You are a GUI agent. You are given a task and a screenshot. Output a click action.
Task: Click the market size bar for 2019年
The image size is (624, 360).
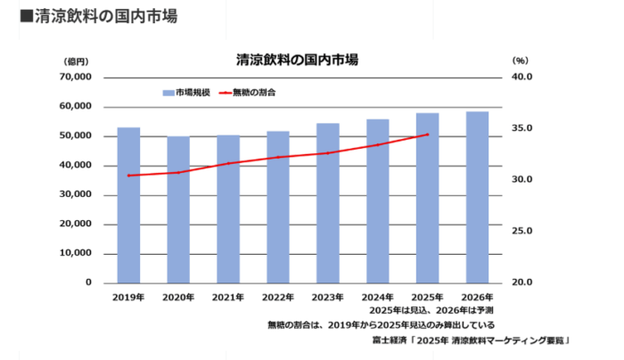click(128, 205)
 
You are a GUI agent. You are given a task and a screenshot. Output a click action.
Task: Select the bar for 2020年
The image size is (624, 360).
click(178, 209)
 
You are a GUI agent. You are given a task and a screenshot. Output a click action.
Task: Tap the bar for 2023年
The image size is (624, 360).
click(327, 203)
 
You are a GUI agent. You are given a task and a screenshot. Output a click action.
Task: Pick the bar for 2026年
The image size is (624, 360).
click(477, 197)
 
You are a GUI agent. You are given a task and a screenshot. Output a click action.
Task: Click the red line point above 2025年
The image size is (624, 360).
click(427, 135)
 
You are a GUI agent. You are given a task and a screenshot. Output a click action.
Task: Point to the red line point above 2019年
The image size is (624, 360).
click(128, 176)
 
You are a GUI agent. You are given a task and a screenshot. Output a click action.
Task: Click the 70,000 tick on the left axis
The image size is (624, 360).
click(75, 78)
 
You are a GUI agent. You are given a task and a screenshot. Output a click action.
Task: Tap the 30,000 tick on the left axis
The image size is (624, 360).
click(75, 195)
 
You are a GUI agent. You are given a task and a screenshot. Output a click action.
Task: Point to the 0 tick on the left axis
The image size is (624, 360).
click(88, 282)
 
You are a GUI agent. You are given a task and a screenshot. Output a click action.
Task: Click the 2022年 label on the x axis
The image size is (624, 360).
click(278, 297)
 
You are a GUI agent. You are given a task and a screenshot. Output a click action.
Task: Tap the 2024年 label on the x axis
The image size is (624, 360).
click(377, 297)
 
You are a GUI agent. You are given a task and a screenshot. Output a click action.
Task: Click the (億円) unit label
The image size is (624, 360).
click(77, 61)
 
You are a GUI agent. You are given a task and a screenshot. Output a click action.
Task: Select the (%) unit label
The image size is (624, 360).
click(521, 61)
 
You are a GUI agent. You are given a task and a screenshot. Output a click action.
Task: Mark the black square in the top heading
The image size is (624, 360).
click(26, 17)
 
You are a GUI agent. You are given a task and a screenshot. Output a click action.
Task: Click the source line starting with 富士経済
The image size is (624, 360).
click(471, 340)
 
